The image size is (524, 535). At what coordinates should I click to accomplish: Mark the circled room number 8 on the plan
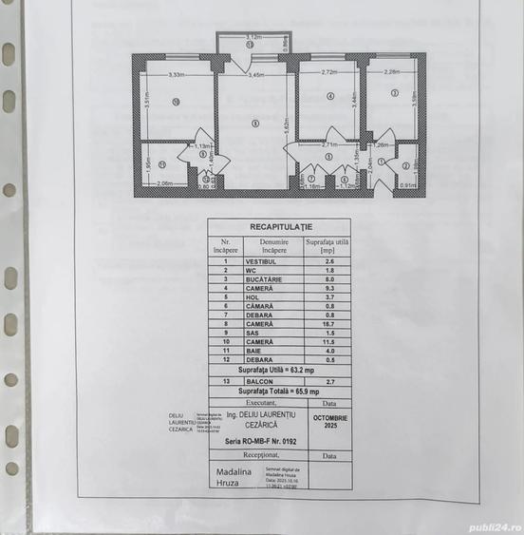254,123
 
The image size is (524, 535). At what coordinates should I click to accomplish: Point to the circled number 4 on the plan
329,96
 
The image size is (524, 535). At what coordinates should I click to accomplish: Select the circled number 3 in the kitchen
393,92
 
